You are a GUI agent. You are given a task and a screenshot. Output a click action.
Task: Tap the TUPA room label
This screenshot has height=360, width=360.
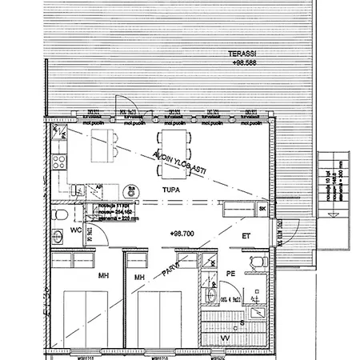(169, 190)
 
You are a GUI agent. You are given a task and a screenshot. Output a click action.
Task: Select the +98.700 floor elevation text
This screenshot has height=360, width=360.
(183, 232)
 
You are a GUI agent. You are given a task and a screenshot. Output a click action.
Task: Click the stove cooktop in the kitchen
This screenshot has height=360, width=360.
(58, 163)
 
